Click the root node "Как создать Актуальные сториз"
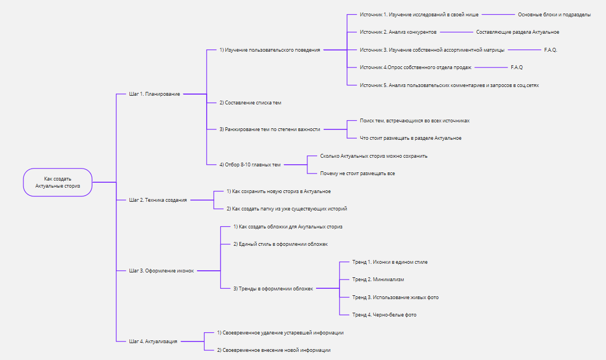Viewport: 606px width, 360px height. [x=58, y=182]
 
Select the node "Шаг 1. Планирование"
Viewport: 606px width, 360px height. [x=154, y=94]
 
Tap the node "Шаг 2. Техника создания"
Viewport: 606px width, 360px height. [x=158, y=200]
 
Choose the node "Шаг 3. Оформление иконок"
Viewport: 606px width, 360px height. [x=162, y=271]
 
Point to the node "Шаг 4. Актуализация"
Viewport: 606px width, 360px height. [x=153, y=342]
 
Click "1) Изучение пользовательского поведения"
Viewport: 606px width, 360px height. [x=270, y=50]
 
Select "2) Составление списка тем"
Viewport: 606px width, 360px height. [x=250, y=103]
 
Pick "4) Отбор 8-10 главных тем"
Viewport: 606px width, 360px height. [x=250, y=165]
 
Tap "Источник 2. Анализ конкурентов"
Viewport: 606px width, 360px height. [x=398, y=32]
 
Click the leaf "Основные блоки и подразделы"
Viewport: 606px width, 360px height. [x=554, y=15]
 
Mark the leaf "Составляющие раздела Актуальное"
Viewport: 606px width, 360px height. [x=517, y=32]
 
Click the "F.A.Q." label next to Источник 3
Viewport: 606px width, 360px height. [x=551, y=50]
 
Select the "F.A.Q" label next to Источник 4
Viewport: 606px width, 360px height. [x=517, y=67]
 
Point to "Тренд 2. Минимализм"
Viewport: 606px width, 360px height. [x=378, y=280]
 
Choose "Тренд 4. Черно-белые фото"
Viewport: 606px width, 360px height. [x=384, y=315]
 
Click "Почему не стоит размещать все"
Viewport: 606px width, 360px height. [x=357, y=173]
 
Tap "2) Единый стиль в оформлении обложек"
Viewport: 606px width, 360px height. [x=281, y=244]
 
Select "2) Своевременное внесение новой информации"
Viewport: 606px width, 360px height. [x=274, y=350]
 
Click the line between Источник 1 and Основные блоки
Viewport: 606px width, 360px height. [x=498, y=15]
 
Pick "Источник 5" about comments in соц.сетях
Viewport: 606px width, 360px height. [x=449, y=85]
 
